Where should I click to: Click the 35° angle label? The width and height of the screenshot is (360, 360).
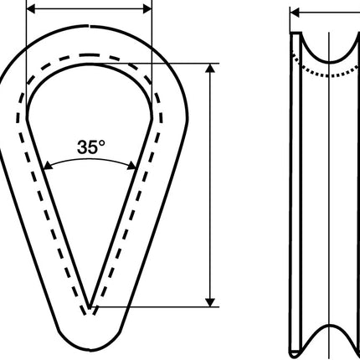tap(91, 147)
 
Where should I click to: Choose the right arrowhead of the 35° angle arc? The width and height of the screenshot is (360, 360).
tap(135, 166)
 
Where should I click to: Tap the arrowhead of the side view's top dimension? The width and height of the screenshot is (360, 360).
tap(295, 13)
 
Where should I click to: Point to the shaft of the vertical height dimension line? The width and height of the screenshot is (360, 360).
tap(209, 184)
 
